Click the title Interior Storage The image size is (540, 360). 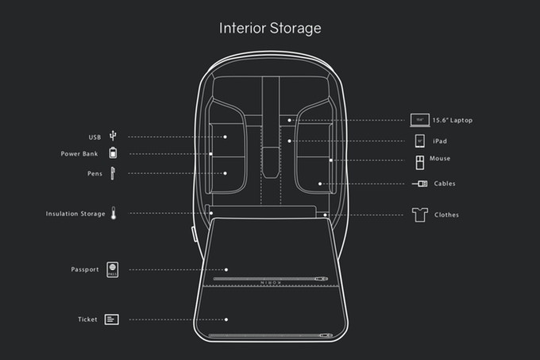point(270,29)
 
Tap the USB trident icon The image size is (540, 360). point(113,136)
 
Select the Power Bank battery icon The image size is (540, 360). point(113,153)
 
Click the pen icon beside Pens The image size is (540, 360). point(113,173)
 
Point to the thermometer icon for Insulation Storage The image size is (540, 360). point(114,213)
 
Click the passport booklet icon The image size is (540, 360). point(112,269)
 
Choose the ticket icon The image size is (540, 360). point(112,319)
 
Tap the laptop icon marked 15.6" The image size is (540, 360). point(420,120)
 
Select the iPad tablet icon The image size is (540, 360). point(420,141)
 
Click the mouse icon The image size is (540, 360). point(420,163)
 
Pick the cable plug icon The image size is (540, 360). point(420,184)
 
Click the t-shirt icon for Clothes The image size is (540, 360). point(420,215)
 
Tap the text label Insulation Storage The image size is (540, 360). point(75,214)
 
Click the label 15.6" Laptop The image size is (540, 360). point(452,120)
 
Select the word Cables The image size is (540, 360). point(444,184)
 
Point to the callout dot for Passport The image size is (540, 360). point(226,269)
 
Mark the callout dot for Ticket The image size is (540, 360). point(226,319)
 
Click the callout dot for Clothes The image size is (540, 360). point(325,215)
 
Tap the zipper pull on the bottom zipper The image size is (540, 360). point(326,335)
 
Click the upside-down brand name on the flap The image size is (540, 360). point(271,283)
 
